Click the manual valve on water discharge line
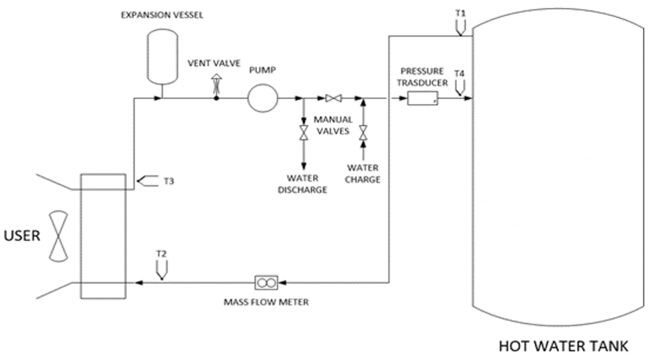coord(304,133)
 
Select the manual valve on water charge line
coord(364,133)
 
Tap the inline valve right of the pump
coord(334,98)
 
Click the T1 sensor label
coord(460,14)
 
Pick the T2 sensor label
coord(162,254)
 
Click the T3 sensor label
coord(169,181)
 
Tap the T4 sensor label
coord(459,74)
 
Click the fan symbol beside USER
coord(59,236)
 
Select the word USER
coord(22,235)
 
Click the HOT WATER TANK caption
coord(564,346)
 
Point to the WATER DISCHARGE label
coord(303,184)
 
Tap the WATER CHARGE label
coord(363,173)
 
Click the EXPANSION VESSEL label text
coord(162,15)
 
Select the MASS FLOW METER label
coord(266,302)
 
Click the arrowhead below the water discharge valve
coord(304,166)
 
